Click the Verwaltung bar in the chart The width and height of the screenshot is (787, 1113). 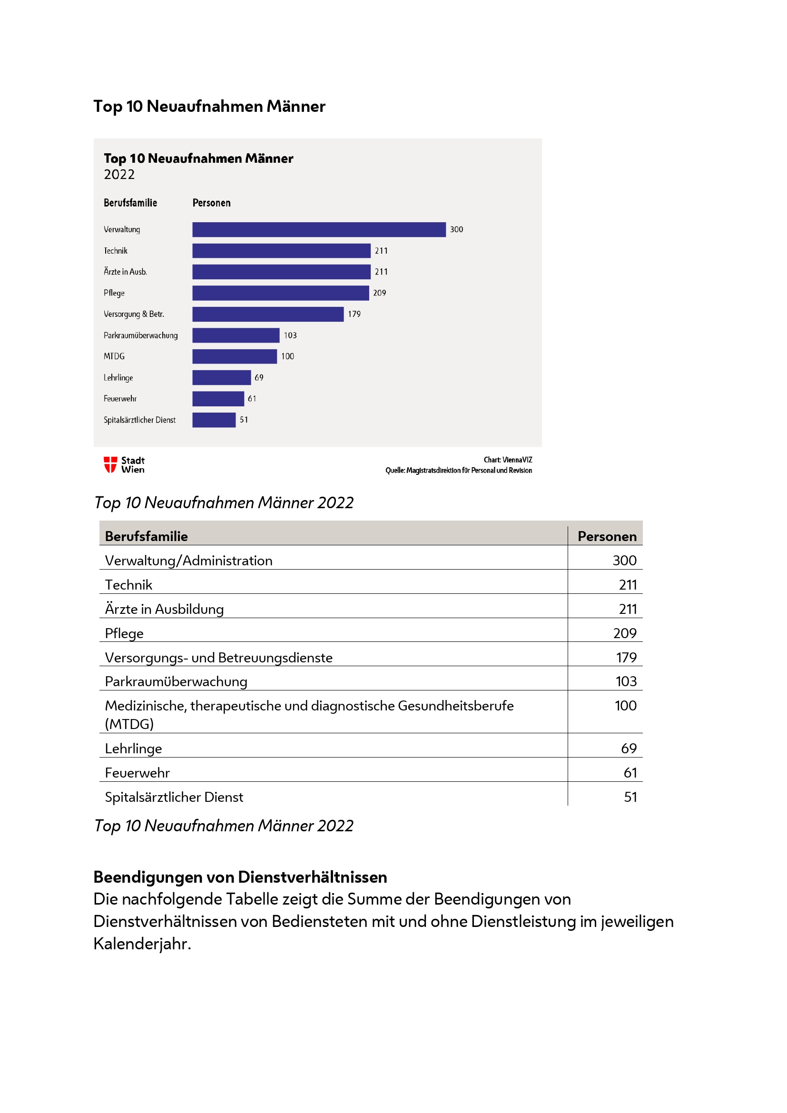pos(319,229)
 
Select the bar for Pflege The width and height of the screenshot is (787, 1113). pos(281,293)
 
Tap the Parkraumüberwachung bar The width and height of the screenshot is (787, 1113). pos(236,335)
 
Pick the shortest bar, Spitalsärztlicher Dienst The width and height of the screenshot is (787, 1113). pos(214,420)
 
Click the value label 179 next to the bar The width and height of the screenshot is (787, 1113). pos(354,314)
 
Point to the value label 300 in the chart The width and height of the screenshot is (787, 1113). pos(456,229)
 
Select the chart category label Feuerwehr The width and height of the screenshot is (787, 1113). pos(120,398)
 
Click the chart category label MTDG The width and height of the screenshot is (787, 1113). pos(114,356)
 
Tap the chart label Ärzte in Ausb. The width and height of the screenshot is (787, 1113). pos(125,272)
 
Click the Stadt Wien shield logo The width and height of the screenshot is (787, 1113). pos(110,464)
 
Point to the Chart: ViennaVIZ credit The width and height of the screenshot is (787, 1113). pos(507,460)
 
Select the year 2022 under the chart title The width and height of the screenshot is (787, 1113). pos(119,175)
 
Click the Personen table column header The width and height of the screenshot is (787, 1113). pos(607,536)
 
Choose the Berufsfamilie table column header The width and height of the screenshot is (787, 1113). pos(147,536)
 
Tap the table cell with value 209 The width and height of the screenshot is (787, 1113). pos(624,633)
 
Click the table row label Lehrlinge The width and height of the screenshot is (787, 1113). pos(133,749)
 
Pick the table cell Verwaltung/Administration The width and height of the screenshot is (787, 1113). pos(188,561)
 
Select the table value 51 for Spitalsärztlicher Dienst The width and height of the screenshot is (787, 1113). pos(630,797)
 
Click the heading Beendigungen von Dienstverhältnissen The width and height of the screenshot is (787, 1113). pos(240,877)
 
